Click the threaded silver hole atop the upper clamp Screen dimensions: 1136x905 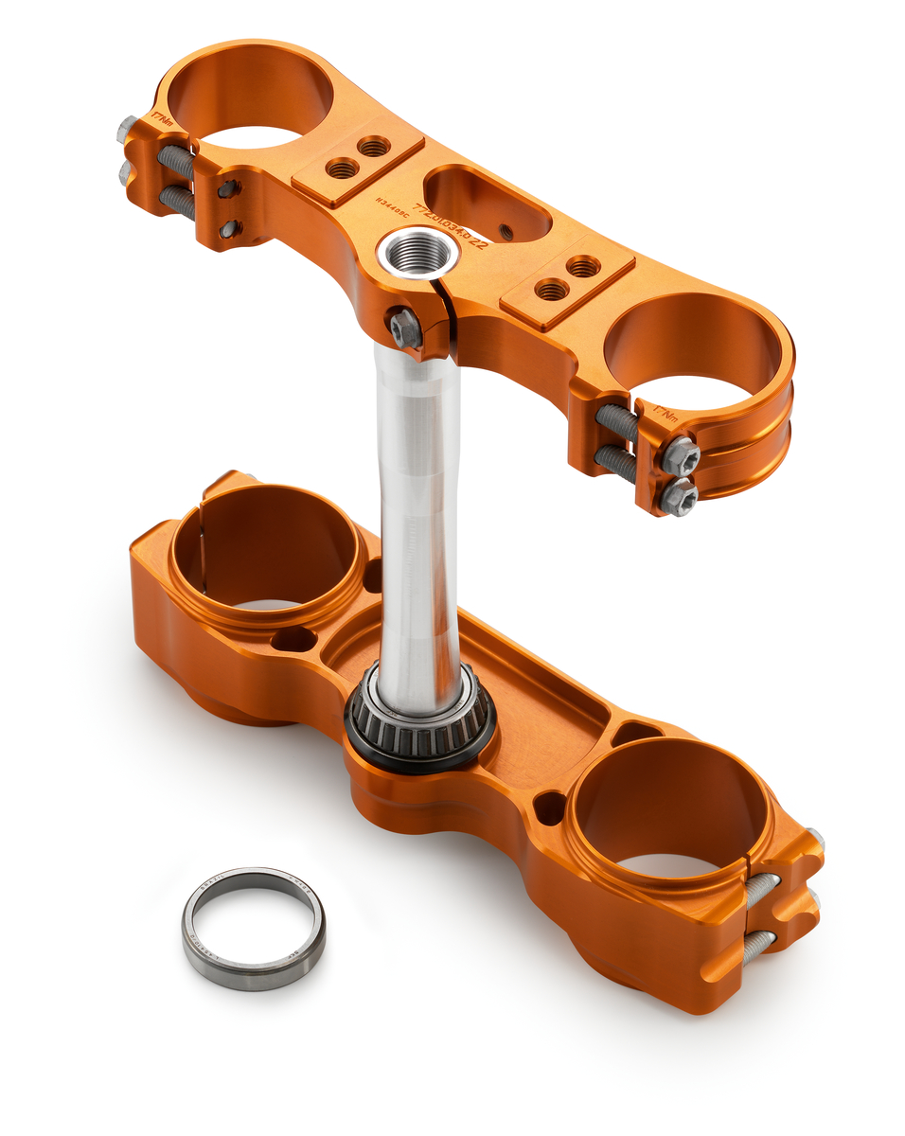[x=417, y=254]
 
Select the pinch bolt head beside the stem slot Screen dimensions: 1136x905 [x=405, y=328]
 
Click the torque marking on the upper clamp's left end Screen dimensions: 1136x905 [x=162, y=119]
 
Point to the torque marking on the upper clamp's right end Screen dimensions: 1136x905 [x=665, y=413]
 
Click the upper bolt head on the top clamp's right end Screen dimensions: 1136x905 [x=680, y=455]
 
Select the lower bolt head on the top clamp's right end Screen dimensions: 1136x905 [x=678, y=498]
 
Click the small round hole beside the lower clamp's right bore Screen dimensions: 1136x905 [x=549, y=808]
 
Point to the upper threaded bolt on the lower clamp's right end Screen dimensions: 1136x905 [x=763, y=890]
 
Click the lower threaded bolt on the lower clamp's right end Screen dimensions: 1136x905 [x=757, y=947]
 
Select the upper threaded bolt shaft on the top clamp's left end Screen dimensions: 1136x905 [x=176, y=160]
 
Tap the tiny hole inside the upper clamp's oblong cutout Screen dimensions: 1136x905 [x=507, y=230]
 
